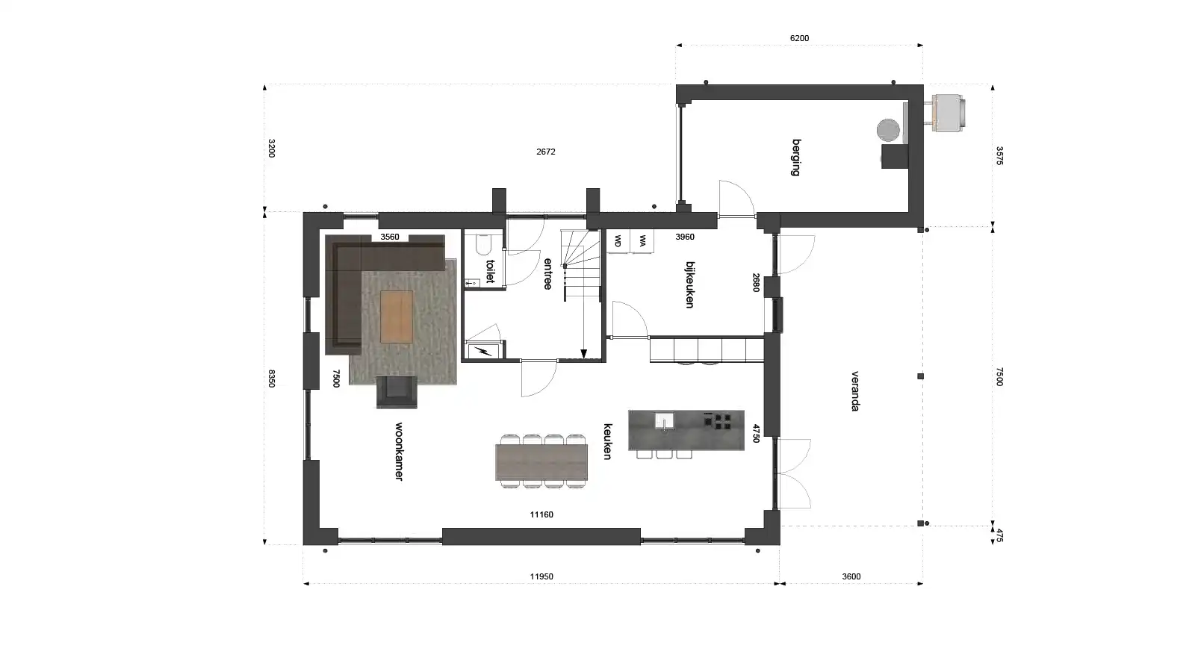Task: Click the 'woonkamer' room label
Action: click(x=399, y=452)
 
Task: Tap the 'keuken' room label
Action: click(x=608, y=441)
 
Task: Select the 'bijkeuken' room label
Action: click(x=690, y=284)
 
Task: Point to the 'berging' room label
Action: click(x=796, y=157)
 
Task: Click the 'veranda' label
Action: click(x=855, y=391)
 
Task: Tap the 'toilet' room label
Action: click(x=490, y=271)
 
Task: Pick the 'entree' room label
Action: click(x=547, y=274)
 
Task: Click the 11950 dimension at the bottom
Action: click(x=541, y=576)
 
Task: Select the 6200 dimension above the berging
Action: click(x=799, y=38)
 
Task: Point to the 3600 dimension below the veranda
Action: click(x=851, y=576)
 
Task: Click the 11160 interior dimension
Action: click(x=541, y=514)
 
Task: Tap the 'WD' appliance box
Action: click(x=618, y=241)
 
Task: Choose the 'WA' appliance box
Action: click(x=642, y=241)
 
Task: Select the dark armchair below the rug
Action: click(x=396, y=392)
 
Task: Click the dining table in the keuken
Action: click(x=541, y=462)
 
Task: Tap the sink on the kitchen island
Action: click(x=663, y=422)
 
